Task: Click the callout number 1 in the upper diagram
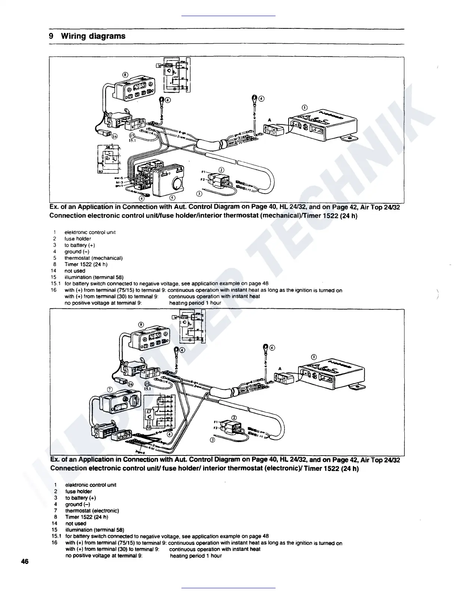click(x=305, y=108)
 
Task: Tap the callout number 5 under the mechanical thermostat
click(x=172, y=197)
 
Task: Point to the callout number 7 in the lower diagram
click(x=110, y=389)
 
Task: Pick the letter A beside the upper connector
click(x=269, y=120)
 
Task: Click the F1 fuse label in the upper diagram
click(x=203, y=172)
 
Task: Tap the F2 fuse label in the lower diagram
click(x=215, y=428)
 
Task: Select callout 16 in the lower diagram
click(x=130, y=384)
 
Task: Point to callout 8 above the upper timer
click(x=125, y=74)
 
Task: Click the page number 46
click(x=25, y=562)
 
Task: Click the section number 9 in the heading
click(x=51, y=36)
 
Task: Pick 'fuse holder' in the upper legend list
click(x=78, y=238)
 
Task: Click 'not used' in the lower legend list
click(x=76, y=523)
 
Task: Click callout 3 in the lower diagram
click(x=212, y=440)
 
